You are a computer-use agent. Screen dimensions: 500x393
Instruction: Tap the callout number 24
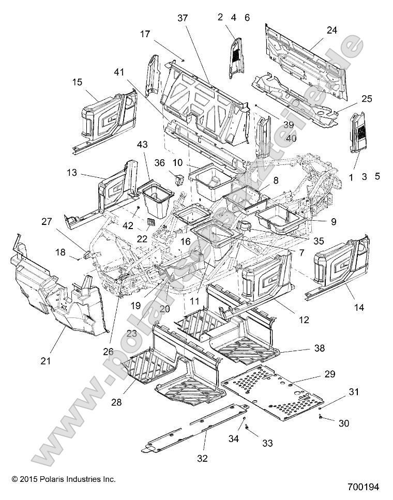tap(332, 31)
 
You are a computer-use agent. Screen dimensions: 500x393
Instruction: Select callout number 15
tap(77, 82)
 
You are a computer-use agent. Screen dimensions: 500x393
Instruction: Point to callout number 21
tap(46, 361)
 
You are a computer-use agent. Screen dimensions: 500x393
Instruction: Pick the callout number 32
tap(203, 458)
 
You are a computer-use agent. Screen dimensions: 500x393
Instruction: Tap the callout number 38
tap(320, 349)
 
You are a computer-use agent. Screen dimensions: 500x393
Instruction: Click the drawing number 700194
tap(364, 487)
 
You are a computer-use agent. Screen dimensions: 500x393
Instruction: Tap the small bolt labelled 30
tap(322, 417)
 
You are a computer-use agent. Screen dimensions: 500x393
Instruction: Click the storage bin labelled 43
tap(158, 194)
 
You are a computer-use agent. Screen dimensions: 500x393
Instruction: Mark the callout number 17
tap(145, 34)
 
